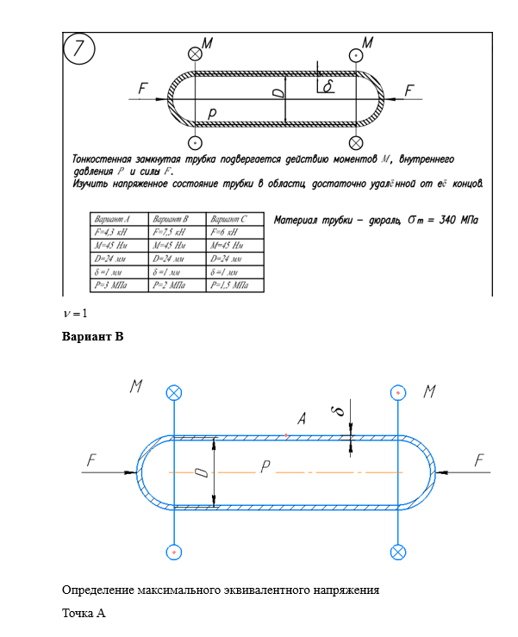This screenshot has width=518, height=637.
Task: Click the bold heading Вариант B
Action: [x=93, y=336]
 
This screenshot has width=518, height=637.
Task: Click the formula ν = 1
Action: [x=76, y=312]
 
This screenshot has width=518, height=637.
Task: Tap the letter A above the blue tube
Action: [x=302, y=420]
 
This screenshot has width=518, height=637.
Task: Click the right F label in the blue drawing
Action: [x=480, y=462]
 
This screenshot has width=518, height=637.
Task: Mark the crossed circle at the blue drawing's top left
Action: [x=174, y=393]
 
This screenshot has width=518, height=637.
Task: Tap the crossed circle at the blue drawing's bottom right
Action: [x=397, y=551]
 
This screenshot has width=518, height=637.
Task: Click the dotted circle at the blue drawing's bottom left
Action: [x=174, y=551]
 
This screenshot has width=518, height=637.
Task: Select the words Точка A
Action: [x=84, y=614]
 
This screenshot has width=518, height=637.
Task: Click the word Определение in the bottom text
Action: [x=99, y=590]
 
